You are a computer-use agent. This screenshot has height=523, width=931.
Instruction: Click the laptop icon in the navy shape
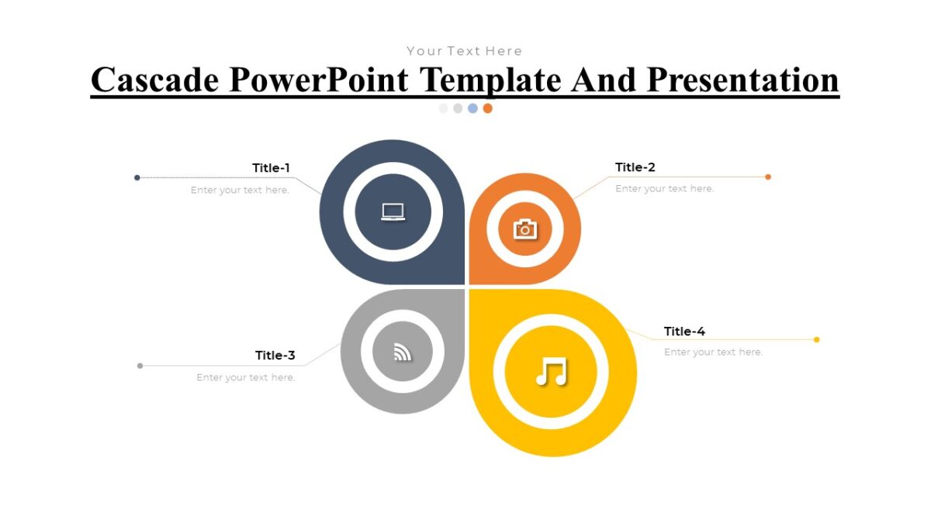(393, 212)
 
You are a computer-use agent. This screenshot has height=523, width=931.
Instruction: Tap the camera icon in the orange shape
(525, 229)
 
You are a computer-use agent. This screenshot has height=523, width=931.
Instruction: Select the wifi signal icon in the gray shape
(402, 353)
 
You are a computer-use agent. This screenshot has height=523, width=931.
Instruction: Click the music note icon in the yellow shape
(551, 372)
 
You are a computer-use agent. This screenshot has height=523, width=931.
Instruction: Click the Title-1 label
(271, 168)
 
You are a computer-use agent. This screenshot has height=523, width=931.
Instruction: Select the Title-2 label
(635, 167)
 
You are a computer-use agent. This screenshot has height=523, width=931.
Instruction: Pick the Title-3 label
(275, 356)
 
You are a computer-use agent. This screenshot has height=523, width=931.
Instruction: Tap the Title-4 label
(684, 332)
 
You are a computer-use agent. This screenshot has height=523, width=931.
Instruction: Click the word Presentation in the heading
(743, 80)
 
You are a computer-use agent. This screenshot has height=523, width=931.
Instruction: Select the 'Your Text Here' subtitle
(465, 51)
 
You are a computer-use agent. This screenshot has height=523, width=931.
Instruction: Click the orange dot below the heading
(487, 108)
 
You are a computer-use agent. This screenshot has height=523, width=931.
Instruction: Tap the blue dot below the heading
(472, 108)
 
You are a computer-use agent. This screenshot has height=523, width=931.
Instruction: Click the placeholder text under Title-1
(240, 191)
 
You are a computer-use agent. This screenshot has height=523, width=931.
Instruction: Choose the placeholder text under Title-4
(713, 353)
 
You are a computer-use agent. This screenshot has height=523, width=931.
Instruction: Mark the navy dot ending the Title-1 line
(137, 177)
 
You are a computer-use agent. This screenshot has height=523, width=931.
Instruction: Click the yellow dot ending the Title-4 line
(816, 339)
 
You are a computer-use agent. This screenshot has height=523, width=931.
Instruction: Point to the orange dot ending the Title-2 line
(768, 177)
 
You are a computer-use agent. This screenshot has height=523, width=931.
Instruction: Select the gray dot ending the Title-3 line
(140, 366)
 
